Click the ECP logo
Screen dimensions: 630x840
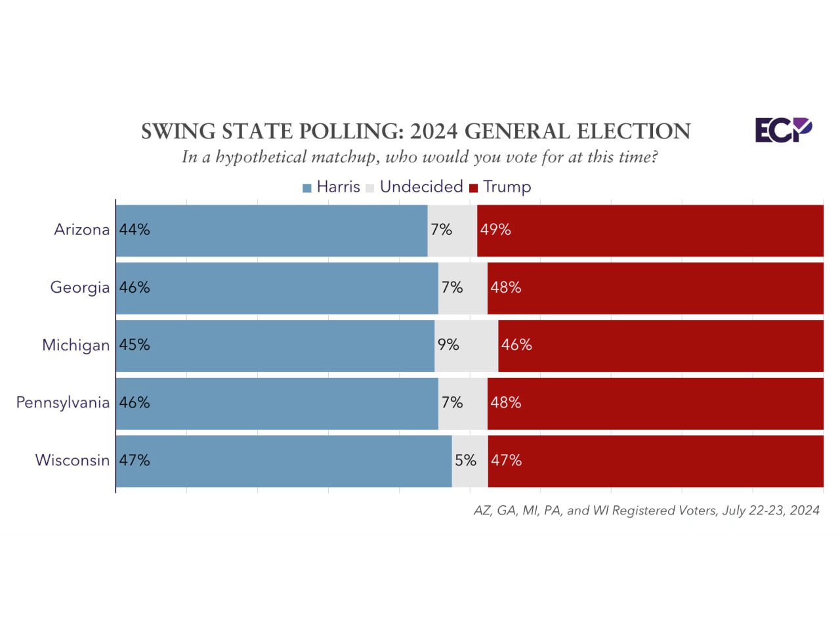point(783,130)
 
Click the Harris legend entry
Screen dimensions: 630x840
point(331,187)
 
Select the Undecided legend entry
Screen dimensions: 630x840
point(415,187)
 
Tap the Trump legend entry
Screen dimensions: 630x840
point(500,187)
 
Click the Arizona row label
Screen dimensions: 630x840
point(81,230)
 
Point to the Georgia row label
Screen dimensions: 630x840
point(79,287)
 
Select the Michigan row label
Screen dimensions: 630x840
point(75,345)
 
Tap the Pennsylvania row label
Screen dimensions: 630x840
point(62,402)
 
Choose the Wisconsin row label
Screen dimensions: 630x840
point(72,460)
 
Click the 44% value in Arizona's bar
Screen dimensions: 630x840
point(135,230)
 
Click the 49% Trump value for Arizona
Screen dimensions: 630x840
point(495,230)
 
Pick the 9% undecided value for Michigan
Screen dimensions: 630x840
point(448,345)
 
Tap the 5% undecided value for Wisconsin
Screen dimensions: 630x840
point(465,460)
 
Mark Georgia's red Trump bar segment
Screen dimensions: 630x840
point(656,287)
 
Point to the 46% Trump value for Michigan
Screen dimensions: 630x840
point(516,345)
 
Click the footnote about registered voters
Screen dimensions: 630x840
point(646,511)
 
